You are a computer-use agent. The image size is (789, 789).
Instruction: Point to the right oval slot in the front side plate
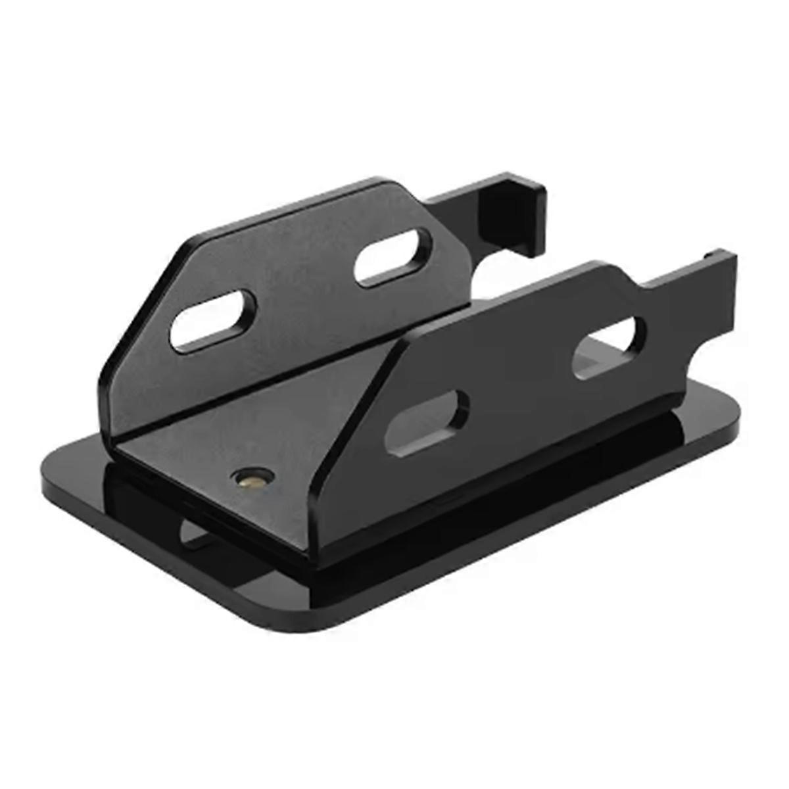click(609, 347)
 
